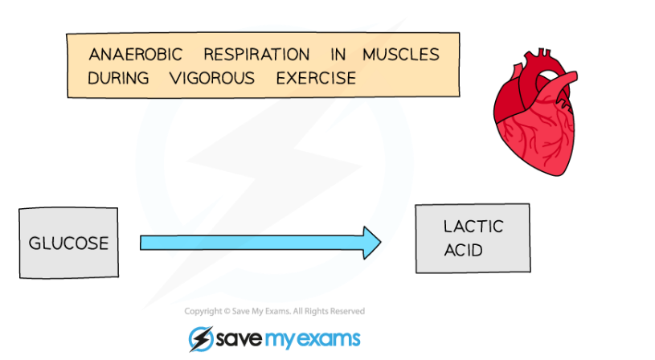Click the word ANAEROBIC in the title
click(135, 55)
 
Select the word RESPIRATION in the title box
click(256, 55)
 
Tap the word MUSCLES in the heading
click(401, 55)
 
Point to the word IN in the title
click(338, 55)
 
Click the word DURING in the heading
click(118, 78)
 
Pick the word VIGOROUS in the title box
click(212, 78)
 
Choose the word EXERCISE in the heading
click(316, 78)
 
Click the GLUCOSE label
click(68, 243)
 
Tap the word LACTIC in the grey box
click(473, 227)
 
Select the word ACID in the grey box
click(463, 250)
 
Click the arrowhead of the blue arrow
click(372, 243)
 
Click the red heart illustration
click(535, 112)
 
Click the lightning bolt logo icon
click(201, 338)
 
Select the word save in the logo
click(239, 338)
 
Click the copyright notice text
click(274, 311)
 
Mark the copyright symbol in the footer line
click(227, 311)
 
